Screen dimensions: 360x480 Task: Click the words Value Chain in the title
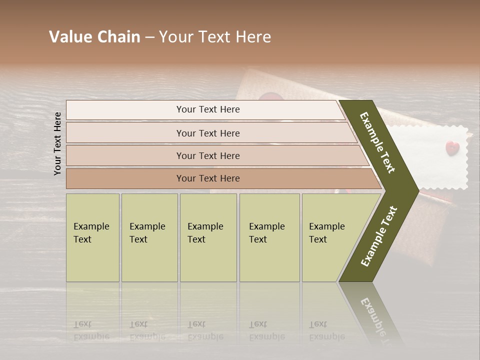click(94, 37)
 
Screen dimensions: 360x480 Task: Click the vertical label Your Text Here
click(57, 143)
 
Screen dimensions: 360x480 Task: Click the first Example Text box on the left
click(92, 237)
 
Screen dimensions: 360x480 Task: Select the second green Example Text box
click(149, 237)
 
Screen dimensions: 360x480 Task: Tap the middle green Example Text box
click(208, 237)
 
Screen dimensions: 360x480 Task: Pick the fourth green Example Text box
click(269, 237)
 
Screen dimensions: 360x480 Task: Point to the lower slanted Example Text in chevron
click(379, 236)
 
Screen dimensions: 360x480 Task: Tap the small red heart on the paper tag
click(452, 147)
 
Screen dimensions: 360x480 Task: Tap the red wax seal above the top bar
click(271, 96)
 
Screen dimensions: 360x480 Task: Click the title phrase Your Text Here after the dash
click(215, 37)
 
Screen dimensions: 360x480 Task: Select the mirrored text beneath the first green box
click(91, 330)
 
